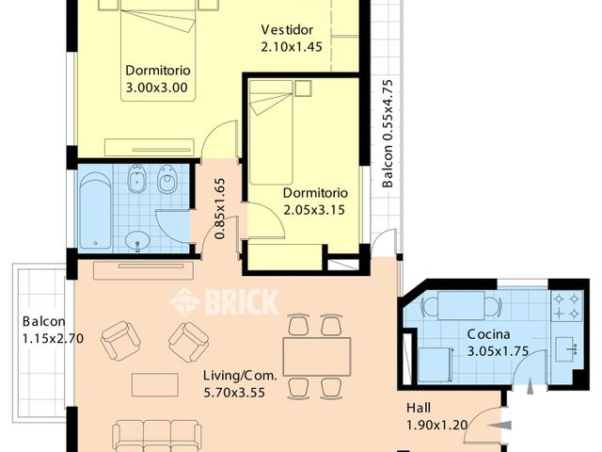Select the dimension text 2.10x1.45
292,46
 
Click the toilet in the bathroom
168,181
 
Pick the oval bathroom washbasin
139,239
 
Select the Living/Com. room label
241,375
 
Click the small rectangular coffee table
154,384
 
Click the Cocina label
489,335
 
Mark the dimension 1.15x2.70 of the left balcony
54,339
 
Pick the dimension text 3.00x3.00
157,89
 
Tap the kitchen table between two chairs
461,305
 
